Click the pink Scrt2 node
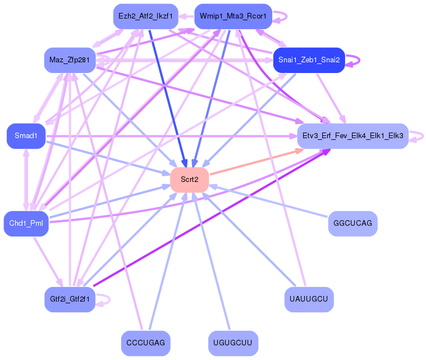190,180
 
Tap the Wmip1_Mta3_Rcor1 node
233,16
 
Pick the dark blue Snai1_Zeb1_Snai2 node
309,60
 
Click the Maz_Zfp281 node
70,60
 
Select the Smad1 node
26,136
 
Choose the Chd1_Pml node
26,224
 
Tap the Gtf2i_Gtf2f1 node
70,299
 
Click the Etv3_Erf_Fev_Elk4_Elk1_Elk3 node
352,136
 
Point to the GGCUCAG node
352,224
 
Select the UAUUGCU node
309,299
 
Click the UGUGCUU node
233,343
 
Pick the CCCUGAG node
146,343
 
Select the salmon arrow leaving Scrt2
253,163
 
